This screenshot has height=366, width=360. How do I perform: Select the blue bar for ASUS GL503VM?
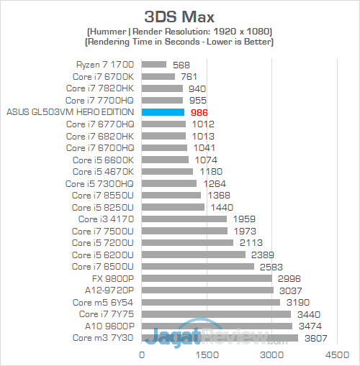163,112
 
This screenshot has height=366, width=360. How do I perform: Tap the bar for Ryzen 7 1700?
155,65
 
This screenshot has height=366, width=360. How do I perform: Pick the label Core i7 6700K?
103,76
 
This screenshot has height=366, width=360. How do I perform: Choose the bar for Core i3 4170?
184,219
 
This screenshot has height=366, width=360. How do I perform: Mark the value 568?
181,65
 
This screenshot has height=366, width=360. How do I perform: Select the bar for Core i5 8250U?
174,207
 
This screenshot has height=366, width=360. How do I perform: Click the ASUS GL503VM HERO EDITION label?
70,112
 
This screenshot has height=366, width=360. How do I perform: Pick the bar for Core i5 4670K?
168,171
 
